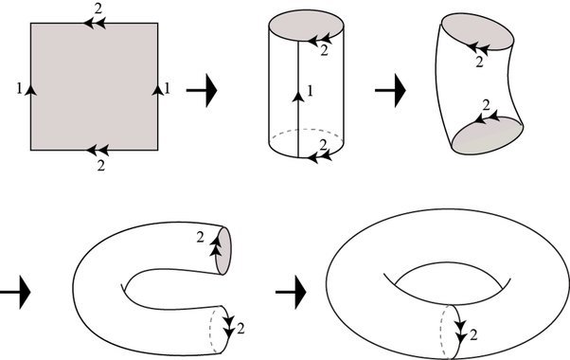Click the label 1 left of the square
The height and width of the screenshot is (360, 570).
click(x=19, y=88)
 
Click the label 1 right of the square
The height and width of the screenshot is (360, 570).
click(x=167, y=88)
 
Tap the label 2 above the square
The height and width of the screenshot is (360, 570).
click(x=100, y=8)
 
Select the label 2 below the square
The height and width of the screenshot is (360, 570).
click(x=100, y=164)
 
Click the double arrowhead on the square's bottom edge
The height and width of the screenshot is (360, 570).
click(x=93, y=150)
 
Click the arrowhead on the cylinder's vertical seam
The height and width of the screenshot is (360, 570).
click(x=299, y=94)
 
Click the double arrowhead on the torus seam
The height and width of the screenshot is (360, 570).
click(x=461, y=332)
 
